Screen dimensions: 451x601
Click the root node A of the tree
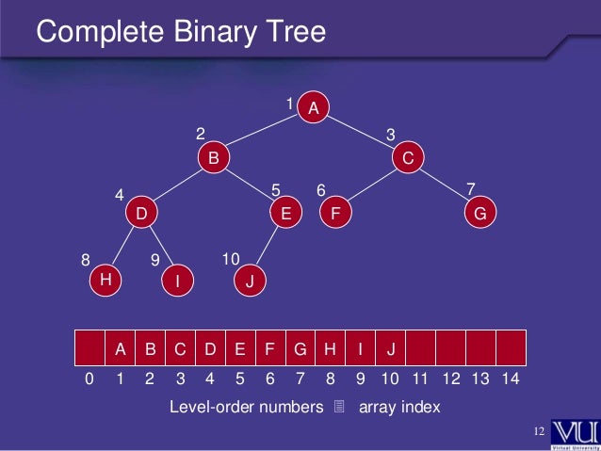pos(314,109)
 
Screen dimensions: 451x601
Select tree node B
pos(214,158)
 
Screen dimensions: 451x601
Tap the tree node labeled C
pos(407,158)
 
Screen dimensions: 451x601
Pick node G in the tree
pos(479,214)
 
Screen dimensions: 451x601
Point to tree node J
pos(249,280)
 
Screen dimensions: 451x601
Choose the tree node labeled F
pos(334,214)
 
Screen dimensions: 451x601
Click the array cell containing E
pos(240,348)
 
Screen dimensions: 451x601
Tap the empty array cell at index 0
pos(89,348)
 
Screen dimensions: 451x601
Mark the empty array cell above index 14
pos(510,348)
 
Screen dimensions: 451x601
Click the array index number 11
pos(421,379)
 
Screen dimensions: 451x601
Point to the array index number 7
pos(300,379)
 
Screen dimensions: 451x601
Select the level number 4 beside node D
pos(120,195)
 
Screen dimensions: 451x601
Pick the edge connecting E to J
pos(266,247)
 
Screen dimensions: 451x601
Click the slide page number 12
pos(540,431)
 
